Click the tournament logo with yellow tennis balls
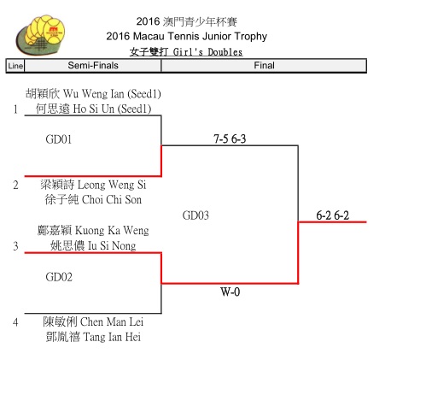point(40,35)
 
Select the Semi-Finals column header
point(93,66)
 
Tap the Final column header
point(264,66)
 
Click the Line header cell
point(15,66)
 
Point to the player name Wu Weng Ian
point(93,94)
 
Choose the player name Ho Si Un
point(94,109)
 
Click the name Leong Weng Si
point(112,185)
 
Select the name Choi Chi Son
point(112,200)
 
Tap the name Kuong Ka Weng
point(112,231)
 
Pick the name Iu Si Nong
point(112,245)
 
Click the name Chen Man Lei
point(112,322)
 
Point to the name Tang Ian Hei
point(112,337)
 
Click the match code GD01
point(59,139)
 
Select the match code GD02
point(59,277)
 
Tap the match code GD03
point(195,215)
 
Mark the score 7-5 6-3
point(230,139)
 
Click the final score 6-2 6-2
point(332,215)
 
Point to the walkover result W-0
point(230,292)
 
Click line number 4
point(15,322)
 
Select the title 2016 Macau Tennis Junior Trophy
point(186,37)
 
